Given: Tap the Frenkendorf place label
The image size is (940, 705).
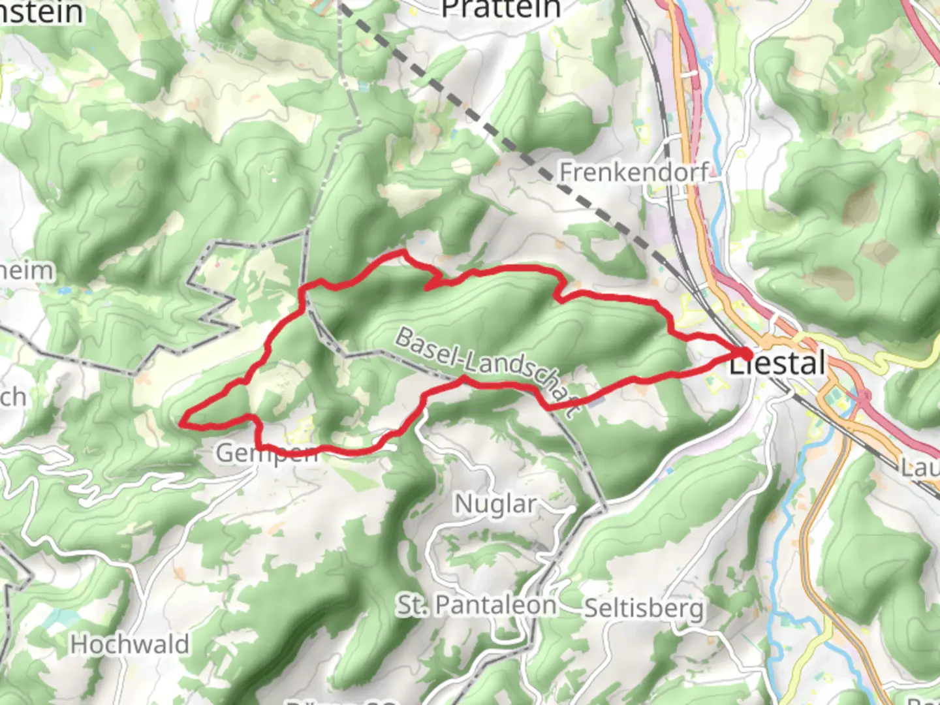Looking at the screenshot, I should tap(633, 172).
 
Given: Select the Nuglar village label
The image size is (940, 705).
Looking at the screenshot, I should tap(495, 504).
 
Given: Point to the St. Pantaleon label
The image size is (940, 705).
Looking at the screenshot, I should tap(477, 605).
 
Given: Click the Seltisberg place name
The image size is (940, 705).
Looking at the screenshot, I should tap(644, 608).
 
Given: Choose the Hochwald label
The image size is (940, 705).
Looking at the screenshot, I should tap(130, 644).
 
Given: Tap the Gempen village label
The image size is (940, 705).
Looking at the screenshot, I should tap(266, 452).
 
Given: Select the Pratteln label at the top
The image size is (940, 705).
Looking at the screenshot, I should tap(501, 9).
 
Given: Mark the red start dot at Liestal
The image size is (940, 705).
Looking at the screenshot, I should tap(745, 353).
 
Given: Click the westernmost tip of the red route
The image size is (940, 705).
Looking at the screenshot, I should tap(183, 420).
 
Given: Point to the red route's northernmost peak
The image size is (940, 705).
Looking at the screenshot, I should tap(404, 251).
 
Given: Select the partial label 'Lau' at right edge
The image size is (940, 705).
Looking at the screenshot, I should tap(920, 467).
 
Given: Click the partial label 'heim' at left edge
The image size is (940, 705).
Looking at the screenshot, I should tap(26, 270).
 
